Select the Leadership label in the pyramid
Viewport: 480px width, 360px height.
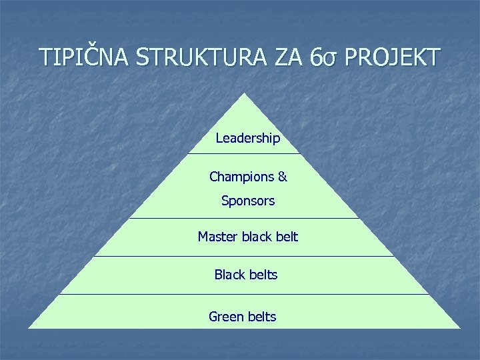coord(248,139)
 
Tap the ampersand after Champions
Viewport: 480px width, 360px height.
coord(282,177)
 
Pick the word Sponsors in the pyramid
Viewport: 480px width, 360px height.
coord(248,201)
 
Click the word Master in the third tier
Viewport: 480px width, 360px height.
coord(217,237)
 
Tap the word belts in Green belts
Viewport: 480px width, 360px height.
coord(261,317)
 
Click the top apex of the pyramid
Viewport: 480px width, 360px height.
coord(245,94)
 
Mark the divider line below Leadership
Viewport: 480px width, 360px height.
coord(244,154)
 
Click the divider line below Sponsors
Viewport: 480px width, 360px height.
coord(244,218)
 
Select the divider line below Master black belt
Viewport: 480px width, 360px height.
coord(244,256)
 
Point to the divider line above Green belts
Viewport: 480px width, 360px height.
coord(244,294)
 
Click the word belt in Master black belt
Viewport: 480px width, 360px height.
coord(287,237)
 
